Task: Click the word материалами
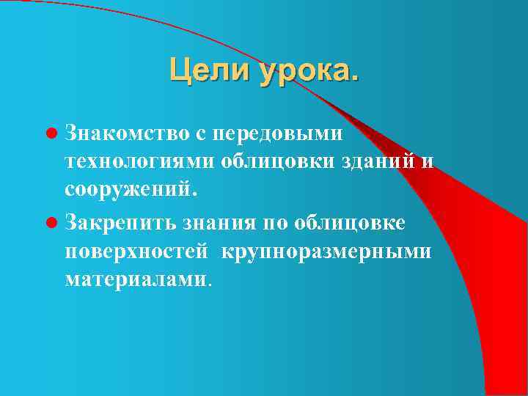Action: click(136, 279)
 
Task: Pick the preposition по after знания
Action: click(272, 221)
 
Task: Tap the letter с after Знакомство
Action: click(199, 133)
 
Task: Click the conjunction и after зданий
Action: click(427, 162)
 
